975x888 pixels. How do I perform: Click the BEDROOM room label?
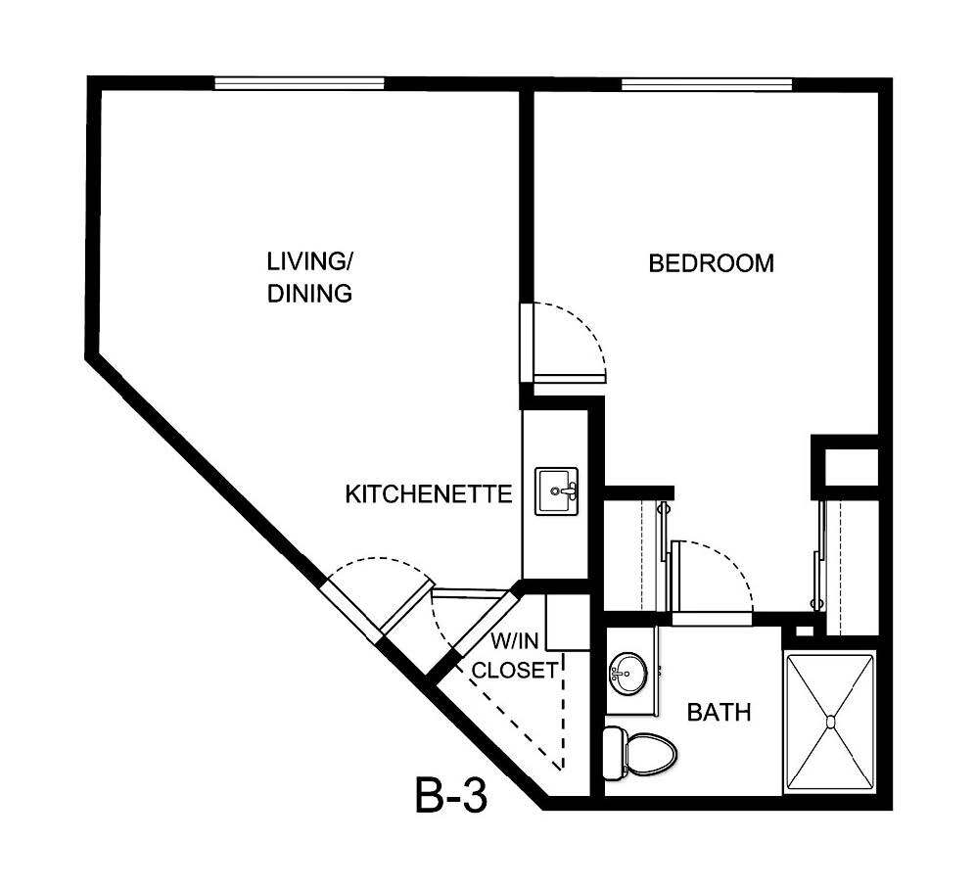coord(712,263)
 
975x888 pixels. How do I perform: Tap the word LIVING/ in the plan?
coord(309,261)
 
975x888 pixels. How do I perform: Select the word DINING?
coord(309,293)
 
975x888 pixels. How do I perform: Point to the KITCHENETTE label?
coord(429,494)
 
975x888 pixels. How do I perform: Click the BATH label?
coord(719,712)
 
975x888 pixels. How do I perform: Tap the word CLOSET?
coord(515,672)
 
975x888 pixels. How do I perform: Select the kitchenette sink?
coord(557,491)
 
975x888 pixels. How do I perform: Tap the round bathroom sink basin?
coord(627,674)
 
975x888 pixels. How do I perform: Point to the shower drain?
coord(831,722)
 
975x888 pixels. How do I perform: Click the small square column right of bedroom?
coord(848,466)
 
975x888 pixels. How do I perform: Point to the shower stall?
coord(831,722)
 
